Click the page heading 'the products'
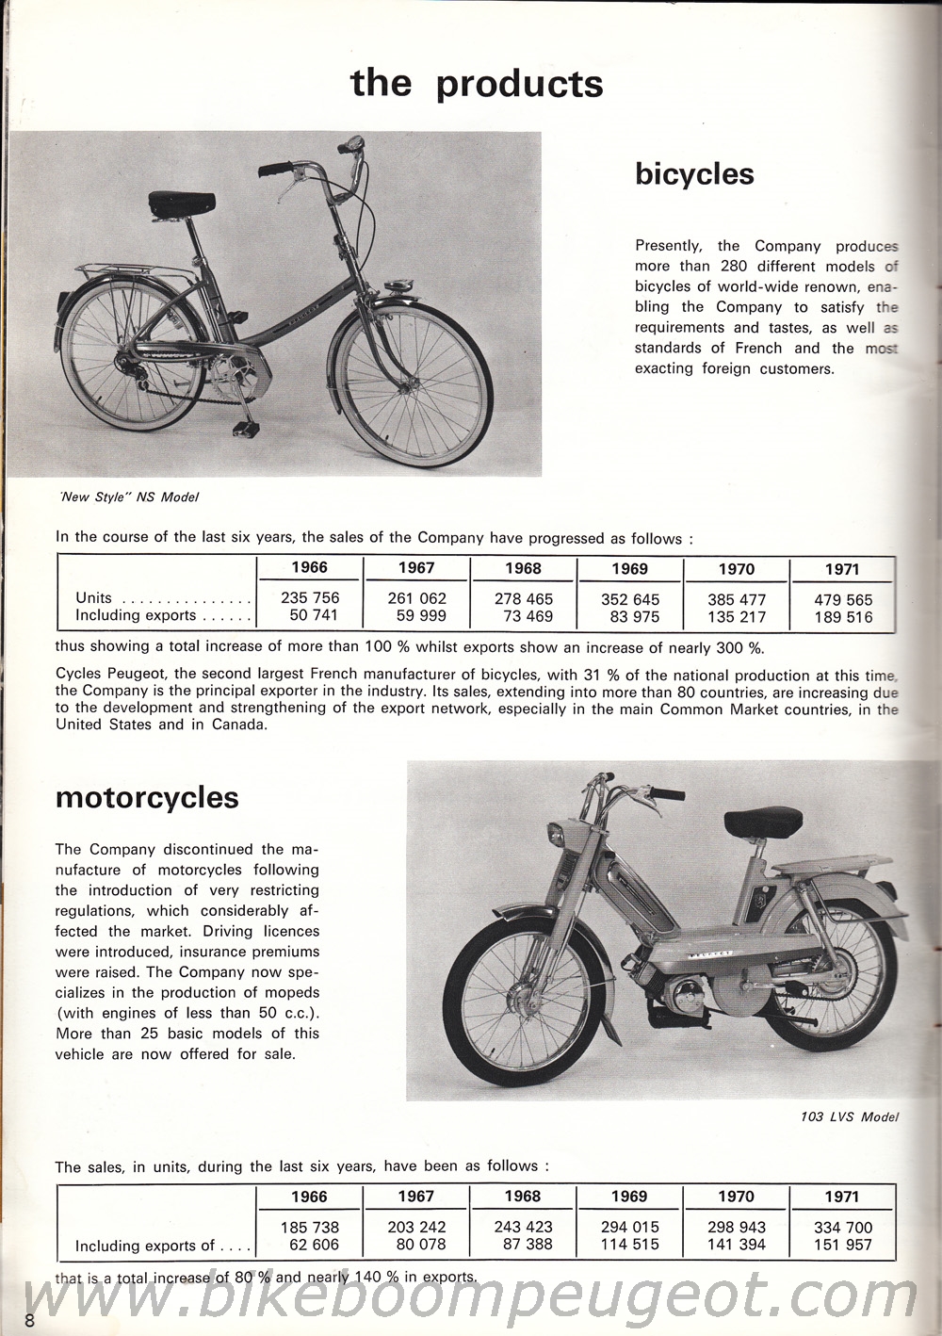(477, 83)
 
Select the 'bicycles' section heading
(694, 173)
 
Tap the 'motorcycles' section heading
(147, 797)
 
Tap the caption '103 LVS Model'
(846, 1117)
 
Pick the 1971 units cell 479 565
(841, 599)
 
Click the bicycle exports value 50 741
(310, 616)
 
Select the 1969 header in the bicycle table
(629, 568)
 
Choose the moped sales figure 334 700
(841, 1227)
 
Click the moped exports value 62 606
(310, 1246)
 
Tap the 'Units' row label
(94, 597)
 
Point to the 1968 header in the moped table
(522, 1196)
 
